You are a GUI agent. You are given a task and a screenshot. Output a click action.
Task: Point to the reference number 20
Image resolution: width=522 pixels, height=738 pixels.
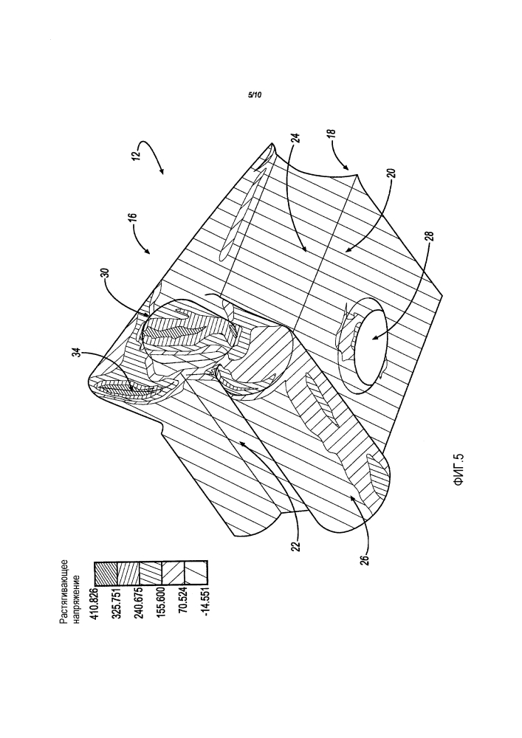click(394, 173)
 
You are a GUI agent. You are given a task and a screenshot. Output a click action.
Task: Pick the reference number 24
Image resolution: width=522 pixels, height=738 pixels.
click(297, 139)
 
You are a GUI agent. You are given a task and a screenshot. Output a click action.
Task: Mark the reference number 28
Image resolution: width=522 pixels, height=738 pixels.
click(429, 236)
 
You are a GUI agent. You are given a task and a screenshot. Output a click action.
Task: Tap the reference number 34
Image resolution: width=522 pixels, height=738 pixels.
click(79, 353)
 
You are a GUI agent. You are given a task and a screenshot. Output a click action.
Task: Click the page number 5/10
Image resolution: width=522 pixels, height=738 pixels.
click(254, 95)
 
